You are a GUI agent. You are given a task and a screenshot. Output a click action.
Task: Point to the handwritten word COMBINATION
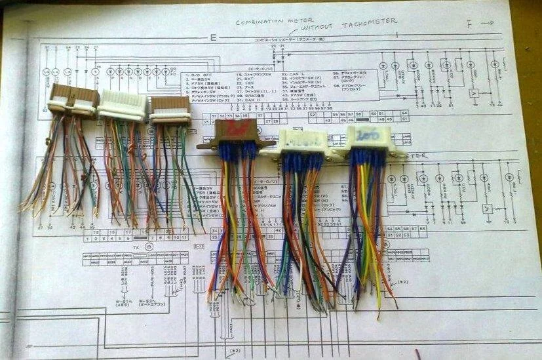(x=265, y=22)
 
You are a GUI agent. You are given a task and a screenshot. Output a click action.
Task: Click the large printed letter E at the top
(x=212, y=37)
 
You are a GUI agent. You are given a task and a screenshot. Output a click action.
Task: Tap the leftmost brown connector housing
(x=73, y=99)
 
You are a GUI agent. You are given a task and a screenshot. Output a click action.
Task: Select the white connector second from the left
(x=123, y=104)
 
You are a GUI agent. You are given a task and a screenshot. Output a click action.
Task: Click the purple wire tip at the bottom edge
(x=417, y=355)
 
